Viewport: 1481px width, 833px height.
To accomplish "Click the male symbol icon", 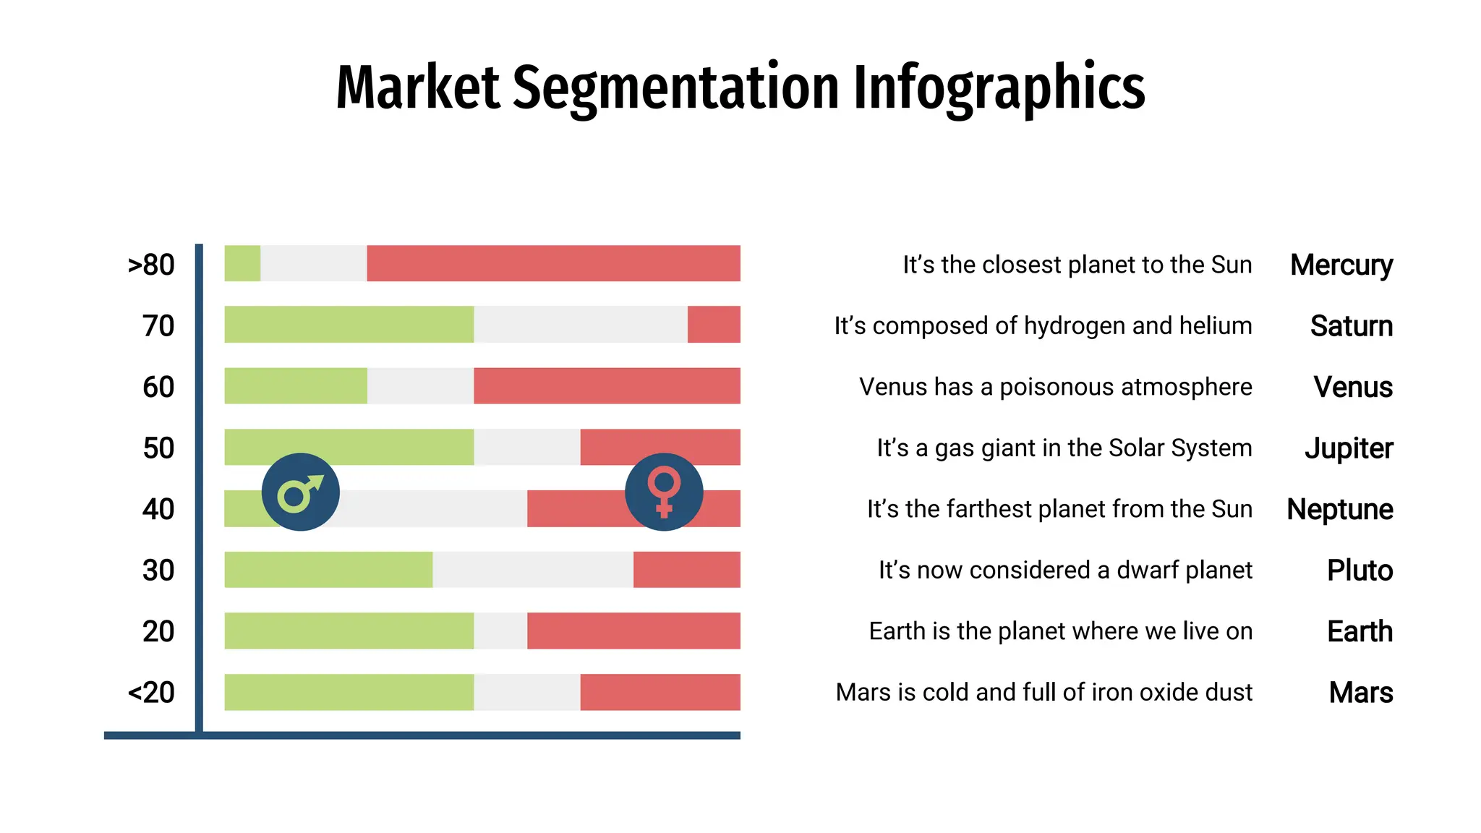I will [300, 492].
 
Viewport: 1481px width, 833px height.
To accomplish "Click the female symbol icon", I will [664, 492].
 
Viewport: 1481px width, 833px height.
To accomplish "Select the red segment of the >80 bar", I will [553, 263].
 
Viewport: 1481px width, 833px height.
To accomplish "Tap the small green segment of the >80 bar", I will [242, 263].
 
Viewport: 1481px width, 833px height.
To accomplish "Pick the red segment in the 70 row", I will [714, 324].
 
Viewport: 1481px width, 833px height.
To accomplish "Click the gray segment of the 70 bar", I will [580, 324].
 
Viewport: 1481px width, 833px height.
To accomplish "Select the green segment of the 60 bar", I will [295, 385].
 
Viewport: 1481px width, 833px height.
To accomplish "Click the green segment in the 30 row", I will [328, 570].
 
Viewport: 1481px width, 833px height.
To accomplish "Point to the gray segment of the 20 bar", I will [500, 631].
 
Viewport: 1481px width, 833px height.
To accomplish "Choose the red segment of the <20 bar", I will [660, 692].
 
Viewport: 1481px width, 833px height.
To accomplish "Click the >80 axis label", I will [151, 265].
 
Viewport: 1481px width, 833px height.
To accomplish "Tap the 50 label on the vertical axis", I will [158, 448].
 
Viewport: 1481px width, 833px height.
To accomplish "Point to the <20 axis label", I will [151, 693].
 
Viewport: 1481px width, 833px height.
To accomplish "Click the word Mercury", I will [1341, 265].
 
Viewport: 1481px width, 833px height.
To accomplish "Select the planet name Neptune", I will [1339, 509].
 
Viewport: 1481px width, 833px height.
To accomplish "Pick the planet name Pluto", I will [1360, 571].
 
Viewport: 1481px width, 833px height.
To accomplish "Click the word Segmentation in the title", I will [676, 88].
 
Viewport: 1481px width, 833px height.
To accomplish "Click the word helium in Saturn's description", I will [1215, 325].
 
